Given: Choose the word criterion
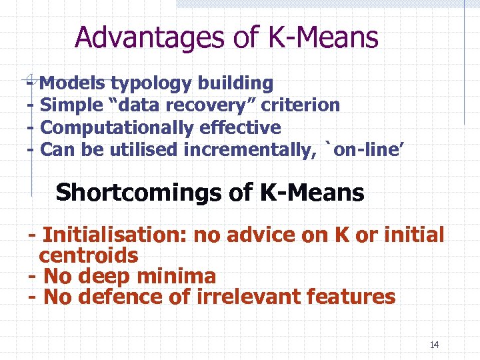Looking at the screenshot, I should pos(301,105).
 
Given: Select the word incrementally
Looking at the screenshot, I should pos(247,149).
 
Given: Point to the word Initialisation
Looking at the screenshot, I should pos(114,235).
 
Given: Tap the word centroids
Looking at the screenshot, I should pos(89,255).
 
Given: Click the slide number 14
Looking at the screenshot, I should pos(435,345).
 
